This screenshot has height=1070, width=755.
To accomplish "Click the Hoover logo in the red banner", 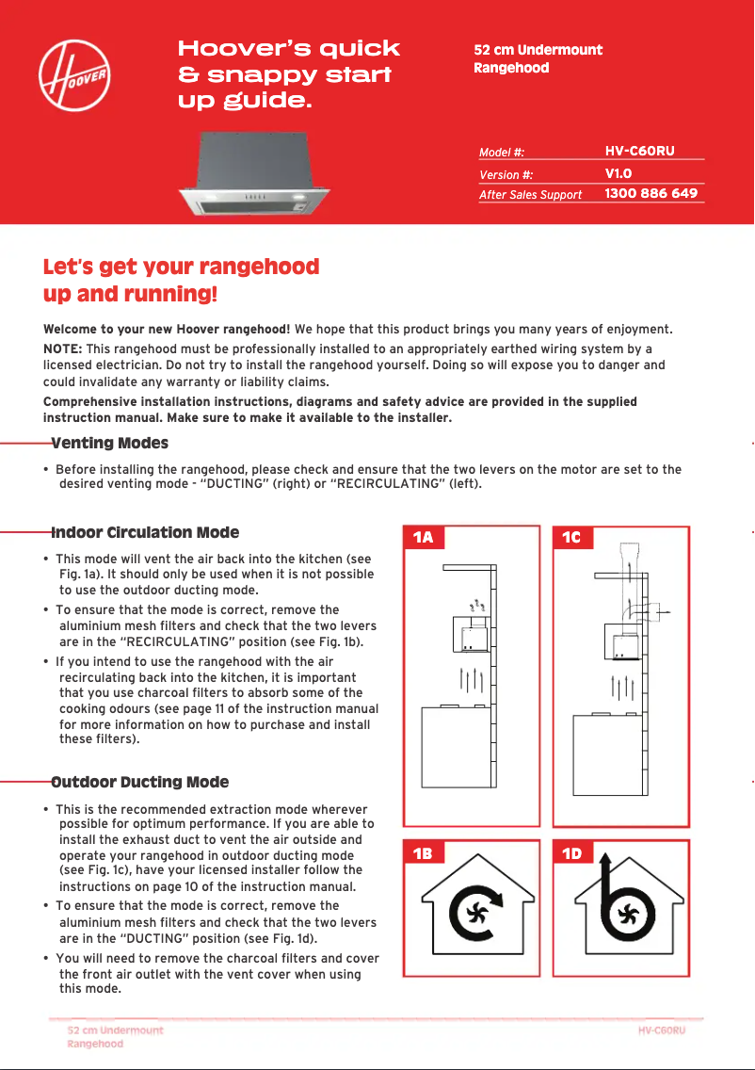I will pyautogui.click(x=75, y=75).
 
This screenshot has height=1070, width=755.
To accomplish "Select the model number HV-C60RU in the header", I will pyautogui.click(x=640, y=151).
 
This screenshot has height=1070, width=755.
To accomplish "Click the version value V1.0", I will pyautogui.click(x=618, y=173).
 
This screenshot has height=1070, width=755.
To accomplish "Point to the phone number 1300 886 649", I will pyautogui.click(x=651, y=193).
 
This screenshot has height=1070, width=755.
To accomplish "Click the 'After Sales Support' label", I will pyautogui.click(x=530, y=195).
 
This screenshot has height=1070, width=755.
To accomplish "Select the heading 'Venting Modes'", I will pyautogui.click(x=109, y=443).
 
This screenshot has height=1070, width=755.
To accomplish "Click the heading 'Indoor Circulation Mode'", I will pyautogui.click(x=145, y=532).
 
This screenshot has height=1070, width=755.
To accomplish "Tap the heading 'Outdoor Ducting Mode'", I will pyautogui.click(x=139, y=782).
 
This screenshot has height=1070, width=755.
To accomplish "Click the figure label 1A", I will pyautogui.click(x=423, y=538).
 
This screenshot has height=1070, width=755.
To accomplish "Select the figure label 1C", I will pyautogui.click(x=571, y=538).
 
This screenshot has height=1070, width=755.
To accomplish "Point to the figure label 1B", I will pyautogui.click(x=423, y=853).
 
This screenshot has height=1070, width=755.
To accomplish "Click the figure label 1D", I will pyautogui.click(x=571, y=853).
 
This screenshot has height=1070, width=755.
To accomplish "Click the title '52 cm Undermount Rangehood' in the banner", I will pyautogui.click(x=538, y=58).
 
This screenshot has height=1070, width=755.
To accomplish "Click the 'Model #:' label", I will pyautogui.click(x=501, y=152).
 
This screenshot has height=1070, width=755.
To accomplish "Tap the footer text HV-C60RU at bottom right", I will pyautogui.click(x=661, y=1029).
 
